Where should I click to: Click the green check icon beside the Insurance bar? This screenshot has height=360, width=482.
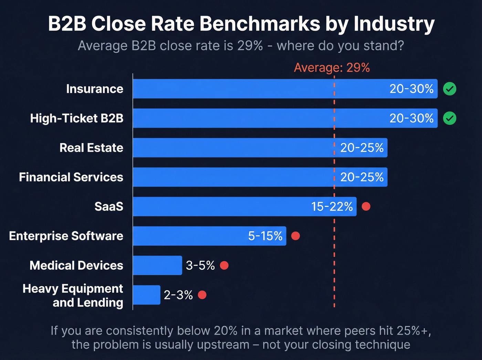pyautogui.click(x=449, y=89)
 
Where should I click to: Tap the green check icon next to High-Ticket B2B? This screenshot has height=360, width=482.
pyautogui.click(x=449, y=118)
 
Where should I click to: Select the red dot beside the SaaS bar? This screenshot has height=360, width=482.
pyautogui.click(x=366, y=206)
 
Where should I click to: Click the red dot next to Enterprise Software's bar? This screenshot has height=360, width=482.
pyautogui.click(x=295, y=236)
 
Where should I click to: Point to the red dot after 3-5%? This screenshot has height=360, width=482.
pyautogui.click(x=224, y=265)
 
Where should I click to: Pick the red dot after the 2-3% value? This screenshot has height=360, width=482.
pyautogui.click(x=202, y=295)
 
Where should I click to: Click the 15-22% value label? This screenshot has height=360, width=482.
pyautogui.click(x=332, y=207)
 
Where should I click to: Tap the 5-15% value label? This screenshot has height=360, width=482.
pyautogui.click(x=265, y=236)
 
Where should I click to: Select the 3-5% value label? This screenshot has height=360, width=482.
pyautogui.click(x=200, y=266)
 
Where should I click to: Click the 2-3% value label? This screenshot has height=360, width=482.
pyautogui.click(x=178, y=295)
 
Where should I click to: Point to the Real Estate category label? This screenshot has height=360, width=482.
pyautogui.click(x=91, y=148)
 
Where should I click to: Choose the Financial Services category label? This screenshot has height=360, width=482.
pyautogui.click(x=71, y=177)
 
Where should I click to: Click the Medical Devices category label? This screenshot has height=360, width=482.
pyautogui.click(x=76, y=266)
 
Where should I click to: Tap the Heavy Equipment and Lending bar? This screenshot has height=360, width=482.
pyautogui.click(x=147, y=295)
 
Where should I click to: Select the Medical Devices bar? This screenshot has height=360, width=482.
pyautogui.click(x=157, y=265)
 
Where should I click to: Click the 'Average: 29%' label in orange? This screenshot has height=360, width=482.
pyautogui.click(x=332, y=68)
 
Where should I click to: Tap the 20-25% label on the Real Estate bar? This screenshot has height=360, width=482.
pyautogui.click(x=362, y=148)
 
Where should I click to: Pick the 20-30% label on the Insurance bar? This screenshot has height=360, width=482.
pyautogui.click(x=411, y=89)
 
